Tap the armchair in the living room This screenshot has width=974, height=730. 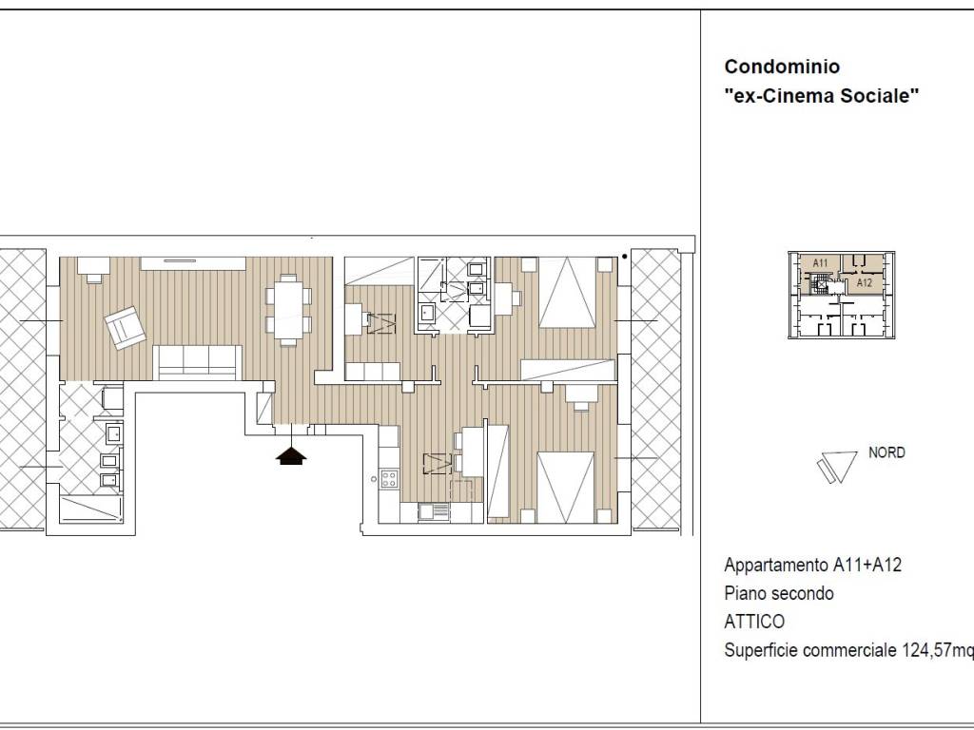(x=125, y=327)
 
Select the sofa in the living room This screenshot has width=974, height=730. (x=197, y=362)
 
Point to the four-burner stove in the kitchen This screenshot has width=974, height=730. (x=389, y=479)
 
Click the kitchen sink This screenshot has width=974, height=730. (x=434, y=511)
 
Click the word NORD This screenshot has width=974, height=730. (x=886, y=452)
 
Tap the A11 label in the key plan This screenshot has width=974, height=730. (x=820, y=262)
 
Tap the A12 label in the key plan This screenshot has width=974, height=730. (x=864, y=282)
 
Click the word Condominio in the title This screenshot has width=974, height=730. (x=782, y=67)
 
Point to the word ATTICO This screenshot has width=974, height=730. (x=754, y=622)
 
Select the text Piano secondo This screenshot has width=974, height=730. (x=779, y=593)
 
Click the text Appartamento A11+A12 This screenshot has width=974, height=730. (x=812, y=565)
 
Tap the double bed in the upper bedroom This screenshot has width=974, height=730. (x=568, y=293)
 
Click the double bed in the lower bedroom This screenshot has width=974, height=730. (x=565, y=488)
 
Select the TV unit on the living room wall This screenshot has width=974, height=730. (x=193, y=263)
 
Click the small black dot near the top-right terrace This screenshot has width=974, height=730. (x=624, y=256)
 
